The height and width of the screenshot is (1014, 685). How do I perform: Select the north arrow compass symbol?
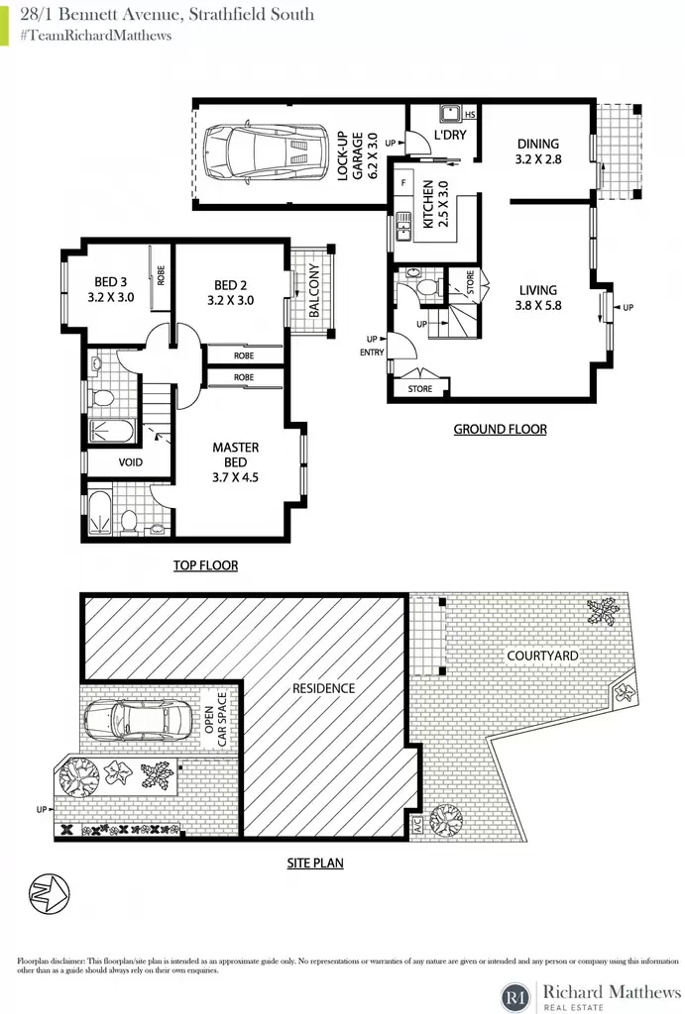click(x=49, y=894)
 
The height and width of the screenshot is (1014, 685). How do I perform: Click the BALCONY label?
click(x=314, y=290)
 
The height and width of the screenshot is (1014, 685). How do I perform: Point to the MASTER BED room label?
click(x=236, y=461)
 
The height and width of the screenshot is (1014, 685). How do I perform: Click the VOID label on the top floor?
click(x=130, y=461)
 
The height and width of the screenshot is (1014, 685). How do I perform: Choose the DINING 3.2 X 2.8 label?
click(x=538, y=152)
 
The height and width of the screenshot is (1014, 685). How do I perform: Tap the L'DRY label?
click(x=450, y=135)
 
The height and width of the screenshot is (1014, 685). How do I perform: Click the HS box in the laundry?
click(x=470, y=115)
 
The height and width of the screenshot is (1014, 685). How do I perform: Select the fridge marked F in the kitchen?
click(x=404, y=183)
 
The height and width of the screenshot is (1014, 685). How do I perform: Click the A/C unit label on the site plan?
click(x=417, y=826)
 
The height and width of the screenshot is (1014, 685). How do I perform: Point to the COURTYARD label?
click(x=542, y=656)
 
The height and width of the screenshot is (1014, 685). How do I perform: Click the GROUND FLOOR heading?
click(x=500, y=430)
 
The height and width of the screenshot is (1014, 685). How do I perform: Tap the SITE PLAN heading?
click(x=315, y=862)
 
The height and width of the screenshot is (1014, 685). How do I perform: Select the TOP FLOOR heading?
click(x=206, y=565)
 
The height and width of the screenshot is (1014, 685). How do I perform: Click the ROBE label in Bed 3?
click(x=162, y=275)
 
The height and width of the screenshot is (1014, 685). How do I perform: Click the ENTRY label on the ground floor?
click(x=373, y=352)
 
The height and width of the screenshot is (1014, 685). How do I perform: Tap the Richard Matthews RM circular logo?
click(x=516, y=996)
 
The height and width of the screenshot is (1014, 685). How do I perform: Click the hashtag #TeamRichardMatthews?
click(x=96, y=35)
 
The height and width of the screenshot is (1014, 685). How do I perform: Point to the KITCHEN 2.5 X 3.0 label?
click(x=435, y=204)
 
